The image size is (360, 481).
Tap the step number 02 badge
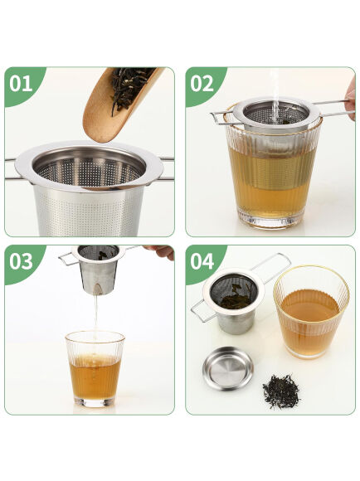(202, 84)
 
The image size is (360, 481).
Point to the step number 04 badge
(202, 261)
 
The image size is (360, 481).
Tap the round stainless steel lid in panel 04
(229, 367)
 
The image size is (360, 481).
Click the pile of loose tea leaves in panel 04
(282, 390)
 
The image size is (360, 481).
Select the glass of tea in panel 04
(310, 311)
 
